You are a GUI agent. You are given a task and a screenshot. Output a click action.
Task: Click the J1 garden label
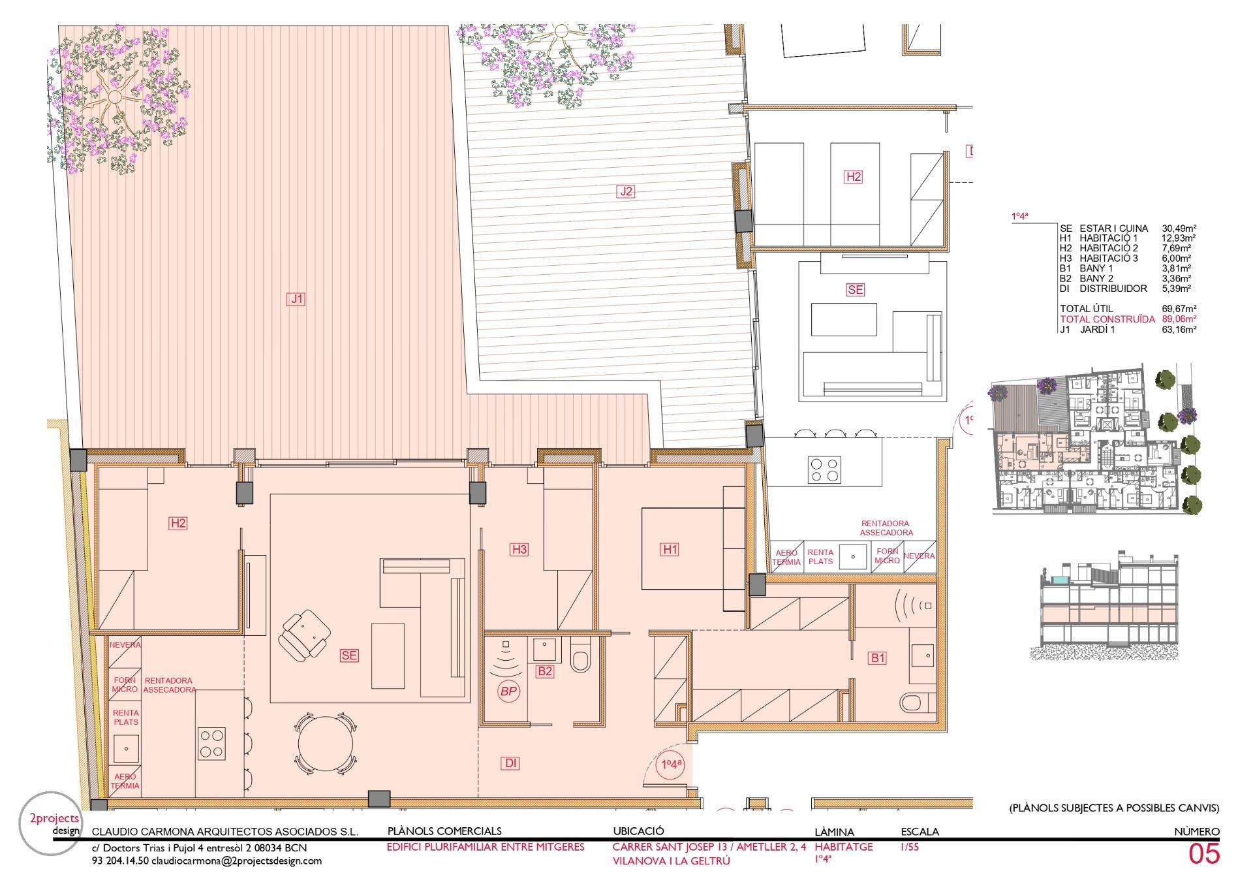[297, 300]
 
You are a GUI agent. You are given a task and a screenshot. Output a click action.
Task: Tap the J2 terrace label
[626, 191]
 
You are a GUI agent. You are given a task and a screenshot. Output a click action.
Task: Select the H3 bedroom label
[519, 550]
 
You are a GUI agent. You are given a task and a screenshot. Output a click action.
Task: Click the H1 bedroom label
[670, 550]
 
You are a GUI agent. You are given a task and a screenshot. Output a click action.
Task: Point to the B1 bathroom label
[878, 658]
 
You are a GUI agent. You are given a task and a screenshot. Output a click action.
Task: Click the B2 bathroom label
[545, 671]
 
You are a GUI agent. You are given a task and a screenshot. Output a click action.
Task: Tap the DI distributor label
[511, 763]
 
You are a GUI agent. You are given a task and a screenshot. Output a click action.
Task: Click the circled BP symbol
[508, 692]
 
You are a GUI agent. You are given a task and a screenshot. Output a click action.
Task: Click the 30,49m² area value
[1179, 229]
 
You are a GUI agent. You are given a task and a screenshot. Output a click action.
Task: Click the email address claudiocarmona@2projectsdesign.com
[237, 861]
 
